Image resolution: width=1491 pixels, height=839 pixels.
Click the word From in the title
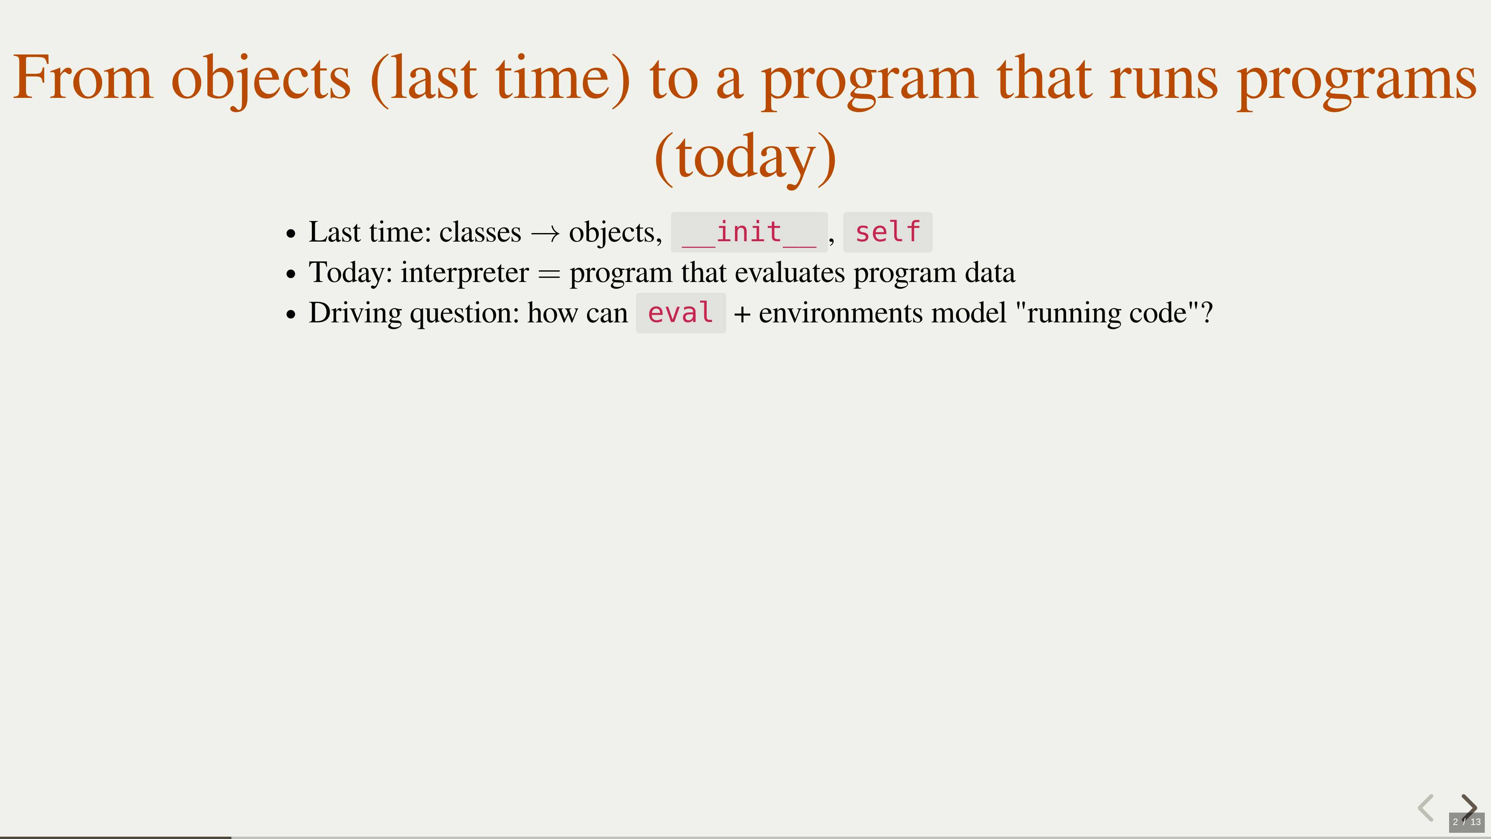click(x=83, y=78)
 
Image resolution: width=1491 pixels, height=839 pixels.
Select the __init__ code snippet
click(x=749, y=232)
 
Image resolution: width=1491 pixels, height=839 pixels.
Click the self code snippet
click(x=887, y=232)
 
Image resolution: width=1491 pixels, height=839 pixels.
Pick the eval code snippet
click(x=681, y=313)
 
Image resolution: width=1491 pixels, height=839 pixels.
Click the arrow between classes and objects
click(x=545, y=233)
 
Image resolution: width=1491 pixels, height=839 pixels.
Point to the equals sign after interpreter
click(x=549, y=274)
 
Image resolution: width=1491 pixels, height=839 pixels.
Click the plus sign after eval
click(x=742, y=314)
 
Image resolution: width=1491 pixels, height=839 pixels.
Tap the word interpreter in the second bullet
click(x=465, y=273)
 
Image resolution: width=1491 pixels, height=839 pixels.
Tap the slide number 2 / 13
click(x=1467, y=822)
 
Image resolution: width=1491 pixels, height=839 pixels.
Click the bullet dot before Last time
click(x=290, y=234)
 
